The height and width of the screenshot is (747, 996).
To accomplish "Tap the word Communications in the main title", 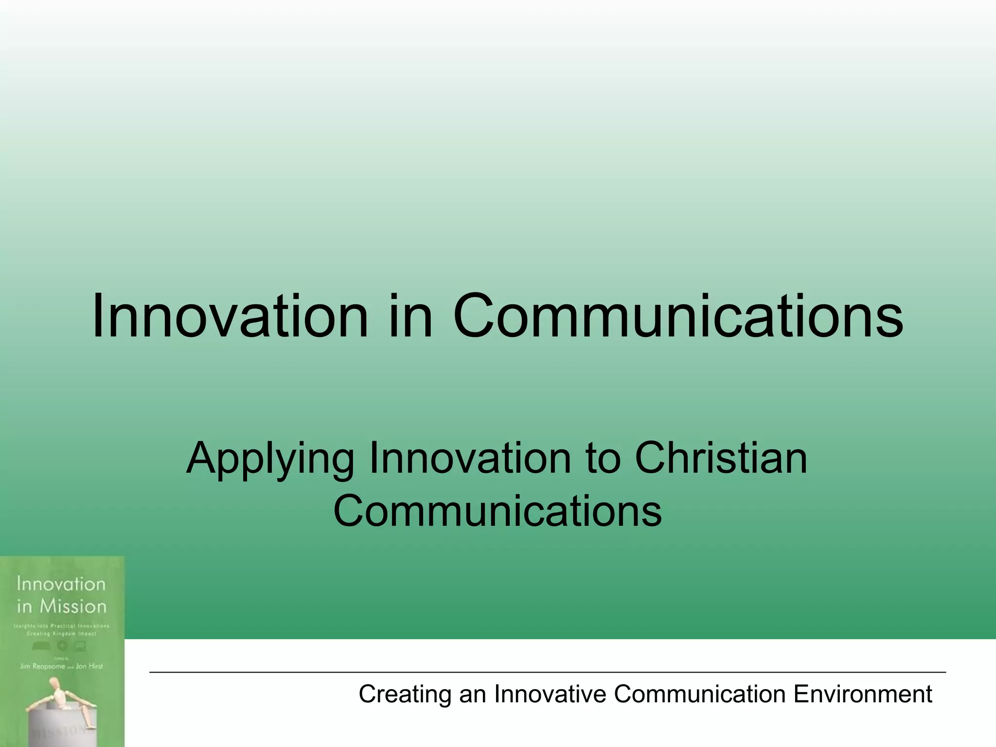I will click(x=678, y=316).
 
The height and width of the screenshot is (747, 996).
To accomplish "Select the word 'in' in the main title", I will click(x=410, y=316).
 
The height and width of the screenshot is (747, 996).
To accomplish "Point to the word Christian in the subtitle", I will click(x=721, y=458).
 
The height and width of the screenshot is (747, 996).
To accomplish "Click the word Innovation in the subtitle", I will click(x=470, y=458).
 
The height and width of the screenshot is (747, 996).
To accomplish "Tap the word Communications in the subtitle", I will click(x=497, y=511).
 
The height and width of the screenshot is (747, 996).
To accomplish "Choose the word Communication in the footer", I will click(x=699, y=694).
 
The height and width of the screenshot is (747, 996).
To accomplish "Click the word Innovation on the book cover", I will click(x=61, y=584).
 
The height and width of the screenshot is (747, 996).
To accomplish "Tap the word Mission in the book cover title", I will click(x=73, y=606).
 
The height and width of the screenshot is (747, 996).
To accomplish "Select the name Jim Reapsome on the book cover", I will click(x=42, y=666).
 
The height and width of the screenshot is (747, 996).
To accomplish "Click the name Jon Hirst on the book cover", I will click(x=89, y=666).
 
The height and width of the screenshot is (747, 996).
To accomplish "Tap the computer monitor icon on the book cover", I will click(x=81, y=646).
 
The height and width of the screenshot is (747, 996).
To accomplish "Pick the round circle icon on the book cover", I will click(x=62, y=646).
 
